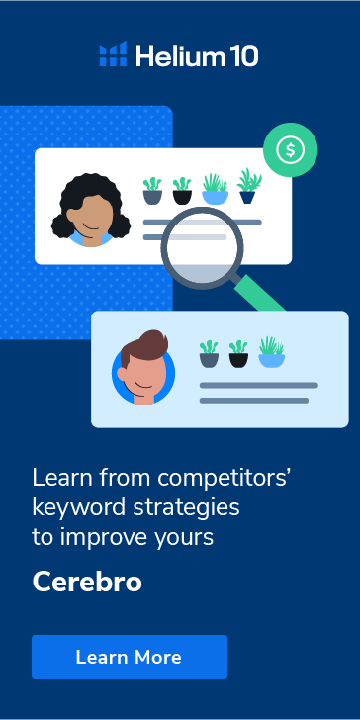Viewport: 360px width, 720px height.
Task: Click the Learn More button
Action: coord(129,657)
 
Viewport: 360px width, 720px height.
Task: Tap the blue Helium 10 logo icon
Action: coord(113,54)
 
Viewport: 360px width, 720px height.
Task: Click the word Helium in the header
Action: coord(174,55)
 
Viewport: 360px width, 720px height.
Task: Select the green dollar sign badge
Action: coord(290,150)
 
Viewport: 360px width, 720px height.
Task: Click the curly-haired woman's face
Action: coord(92,211)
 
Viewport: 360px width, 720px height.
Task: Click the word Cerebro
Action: coord(87,582)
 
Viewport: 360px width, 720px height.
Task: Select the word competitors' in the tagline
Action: coord(216,477)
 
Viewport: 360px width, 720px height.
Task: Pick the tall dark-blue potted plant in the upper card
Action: coord(248,186)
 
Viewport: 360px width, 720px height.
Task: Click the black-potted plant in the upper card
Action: coord(182,190)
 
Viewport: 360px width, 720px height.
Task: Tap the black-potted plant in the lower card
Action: coord(238,354)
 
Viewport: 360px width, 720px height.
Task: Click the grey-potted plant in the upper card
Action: coord(152,190)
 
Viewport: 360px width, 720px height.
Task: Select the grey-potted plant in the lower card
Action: coord(209,354)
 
